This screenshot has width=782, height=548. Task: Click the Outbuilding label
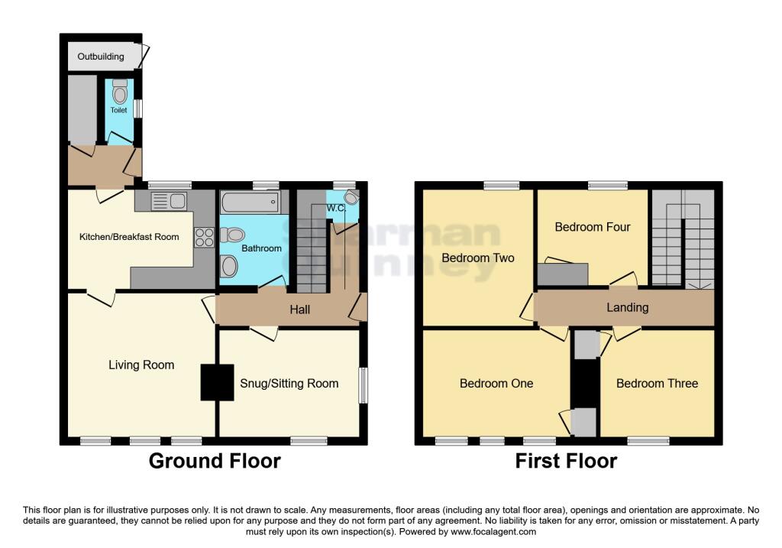point(100,57)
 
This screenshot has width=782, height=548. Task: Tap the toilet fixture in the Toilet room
point(119,92)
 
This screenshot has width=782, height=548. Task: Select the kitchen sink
point(169,202)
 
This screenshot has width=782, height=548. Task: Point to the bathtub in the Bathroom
point(250,203)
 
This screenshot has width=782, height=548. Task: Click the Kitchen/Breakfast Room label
point(129,237)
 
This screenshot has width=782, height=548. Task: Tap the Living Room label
point(141,365)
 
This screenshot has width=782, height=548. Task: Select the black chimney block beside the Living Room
point(217,382)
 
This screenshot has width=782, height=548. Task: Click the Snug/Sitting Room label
point(289,384)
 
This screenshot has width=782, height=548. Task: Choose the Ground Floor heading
point(215,461)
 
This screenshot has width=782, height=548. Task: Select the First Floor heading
point(566,461)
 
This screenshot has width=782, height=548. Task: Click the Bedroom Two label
point(478,258)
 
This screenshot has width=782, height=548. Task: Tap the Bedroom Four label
point(593,227)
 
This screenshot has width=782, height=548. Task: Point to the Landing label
point(627,308)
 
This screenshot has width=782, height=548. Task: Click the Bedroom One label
point(496,384)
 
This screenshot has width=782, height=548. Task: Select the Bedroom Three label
point(657,384)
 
